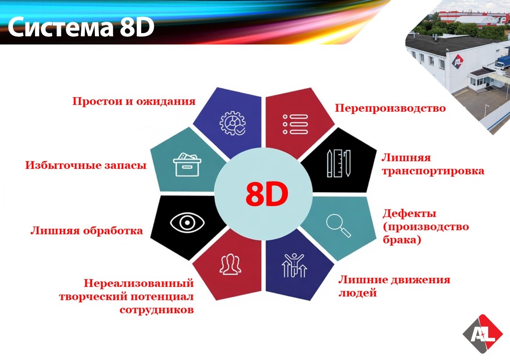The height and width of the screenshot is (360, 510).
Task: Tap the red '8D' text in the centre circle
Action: [267, 194]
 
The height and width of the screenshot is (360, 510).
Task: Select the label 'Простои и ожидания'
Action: [134, 101]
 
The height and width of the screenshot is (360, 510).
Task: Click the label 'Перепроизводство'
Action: [390, 108]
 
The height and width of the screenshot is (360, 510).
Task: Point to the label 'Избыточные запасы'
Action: [86, 166]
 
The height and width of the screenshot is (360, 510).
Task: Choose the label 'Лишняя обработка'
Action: [87, 231]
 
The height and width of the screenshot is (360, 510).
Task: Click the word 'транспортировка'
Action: [433, 171]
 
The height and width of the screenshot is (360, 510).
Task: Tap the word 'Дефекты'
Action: [409, 213]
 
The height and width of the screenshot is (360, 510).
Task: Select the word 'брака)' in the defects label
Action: [402, 240]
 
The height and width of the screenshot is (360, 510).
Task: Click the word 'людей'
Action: [358, 293]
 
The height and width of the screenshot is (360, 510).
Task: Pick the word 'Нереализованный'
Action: [139, 284]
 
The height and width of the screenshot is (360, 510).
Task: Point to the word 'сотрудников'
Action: [157, 310]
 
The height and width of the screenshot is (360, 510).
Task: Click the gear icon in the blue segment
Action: [233, 122]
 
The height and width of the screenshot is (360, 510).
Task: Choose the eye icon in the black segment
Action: [188, 222]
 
